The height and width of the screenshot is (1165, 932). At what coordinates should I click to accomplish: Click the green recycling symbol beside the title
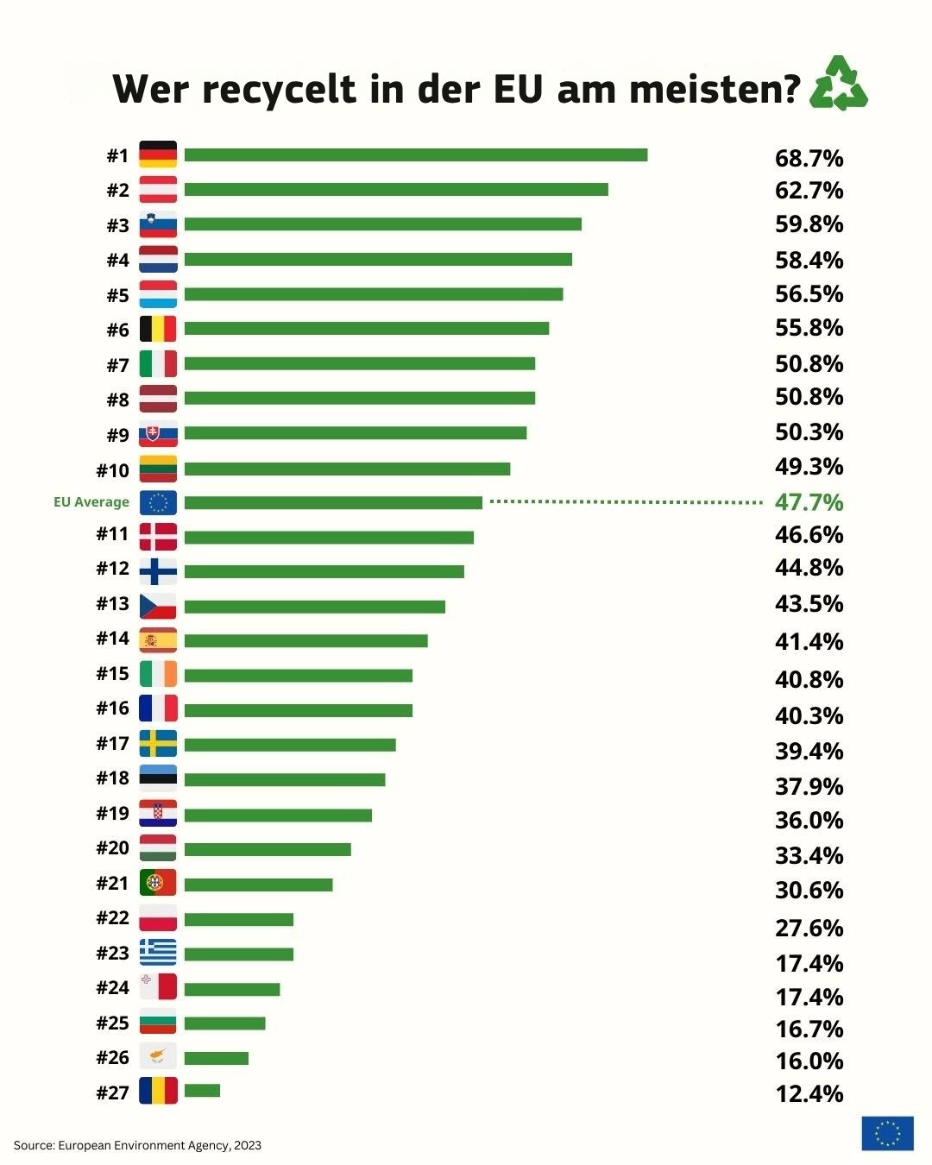838,84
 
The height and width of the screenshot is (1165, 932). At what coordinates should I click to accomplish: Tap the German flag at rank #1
158,154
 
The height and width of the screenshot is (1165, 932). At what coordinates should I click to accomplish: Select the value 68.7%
809,158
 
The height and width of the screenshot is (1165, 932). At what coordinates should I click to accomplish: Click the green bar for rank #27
202,1091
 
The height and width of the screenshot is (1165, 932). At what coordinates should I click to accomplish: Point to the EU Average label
91,502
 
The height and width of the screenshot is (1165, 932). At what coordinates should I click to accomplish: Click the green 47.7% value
809,502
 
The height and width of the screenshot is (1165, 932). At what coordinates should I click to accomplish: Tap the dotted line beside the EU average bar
626,501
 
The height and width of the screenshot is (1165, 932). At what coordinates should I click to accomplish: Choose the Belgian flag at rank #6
158,329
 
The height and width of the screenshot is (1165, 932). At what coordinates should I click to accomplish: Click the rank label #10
112,470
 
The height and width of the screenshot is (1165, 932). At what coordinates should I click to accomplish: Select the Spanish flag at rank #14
158,640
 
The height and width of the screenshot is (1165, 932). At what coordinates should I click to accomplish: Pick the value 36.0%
809,820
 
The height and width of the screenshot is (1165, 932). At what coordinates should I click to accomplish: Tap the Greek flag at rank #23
158,953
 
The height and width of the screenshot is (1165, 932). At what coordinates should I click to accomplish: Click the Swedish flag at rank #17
158,744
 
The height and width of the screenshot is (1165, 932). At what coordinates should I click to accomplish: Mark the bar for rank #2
396,189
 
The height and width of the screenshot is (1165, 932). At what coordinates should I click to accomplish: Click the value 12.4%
809,1093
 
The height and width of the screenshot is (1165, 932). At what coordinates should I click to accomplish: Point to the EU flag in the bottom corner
887,1133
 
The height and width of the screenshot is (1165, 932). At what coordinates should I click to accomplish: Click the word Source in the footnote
34,1145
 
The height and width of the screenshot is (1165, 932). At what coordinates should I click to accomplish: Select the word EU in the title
520,89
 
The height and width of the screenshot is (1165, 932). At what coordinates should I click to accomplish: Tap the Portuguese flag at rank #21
158,883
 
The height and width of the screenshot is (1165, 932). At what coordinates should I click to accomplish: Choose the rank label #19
112,813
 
